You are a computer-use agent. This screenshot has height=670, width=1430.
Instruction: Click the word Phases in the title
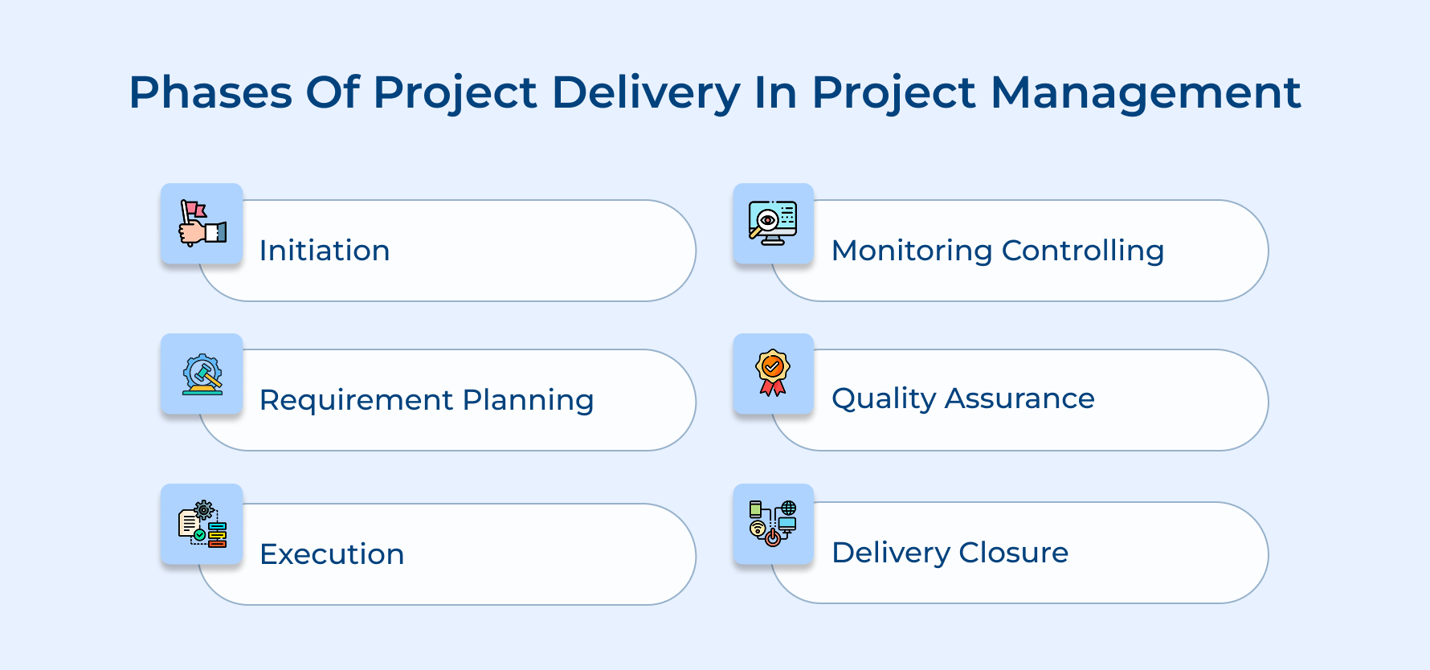[x=210, y=92]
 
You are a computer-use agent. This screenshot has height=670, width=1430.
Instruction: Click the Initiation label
[x=325, y=251]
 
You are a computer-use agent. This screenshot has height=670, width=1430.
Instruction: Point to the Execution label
[x=332, y=554]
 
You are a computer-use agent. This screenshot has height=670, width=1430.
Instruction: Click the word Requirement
[x=356, y=400]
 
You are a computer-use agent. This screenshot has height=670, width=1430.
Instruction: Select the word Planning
[x=528, y=400]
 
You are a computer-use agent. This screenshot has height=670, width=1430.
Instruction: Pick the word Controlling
[x=1083, y=251]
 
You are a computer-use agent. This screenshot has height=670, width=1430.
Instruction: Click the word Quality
[x=884, y=399]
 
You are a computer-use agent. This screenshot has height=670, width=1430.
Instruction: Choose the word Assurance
[x=1019, y=398]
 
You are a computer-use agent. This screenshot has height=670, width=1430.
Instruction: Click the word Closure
[x=1013, y=553]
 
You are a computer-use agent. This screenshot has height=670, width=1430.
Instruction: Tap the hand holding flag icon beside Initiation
[x=202, y=223]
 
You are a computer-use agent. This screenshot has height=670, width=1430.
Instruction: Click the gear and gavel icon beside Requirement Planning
[x=202, y=374]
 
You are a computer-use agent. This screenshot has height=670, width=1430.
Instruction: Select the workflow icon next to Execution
[x=202, y=524]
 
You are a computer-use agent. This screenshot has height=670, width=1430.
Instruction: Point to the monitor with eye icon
[x=773, y=223]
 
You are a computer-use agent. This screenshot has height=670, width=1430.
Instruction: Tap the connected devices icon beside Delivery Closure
[x=773, y=524]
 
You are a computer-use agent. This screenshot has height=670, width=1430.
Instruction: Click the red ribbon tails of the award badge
[x=773, y=388]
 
